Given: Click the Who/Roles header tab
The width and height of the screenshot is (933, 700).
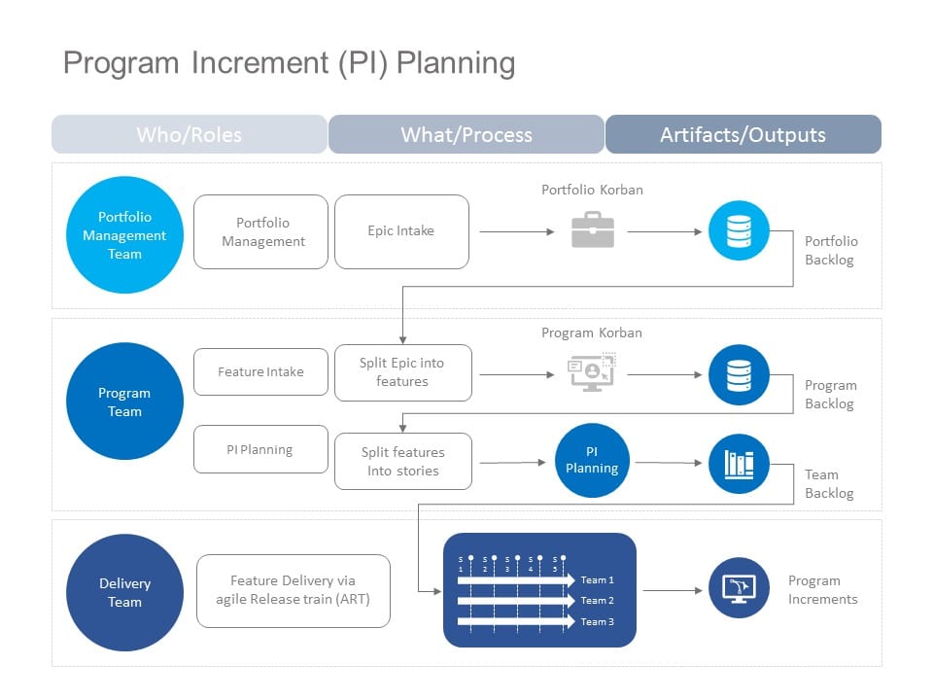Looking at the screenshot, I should click(x=190, y=135).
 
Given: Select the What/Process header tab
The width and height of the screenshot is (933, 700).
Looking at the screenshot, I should click(x=466, y=135).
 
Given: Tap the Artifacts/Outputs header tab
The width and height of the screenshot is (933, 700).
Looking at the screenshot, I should click(x=743, y=135).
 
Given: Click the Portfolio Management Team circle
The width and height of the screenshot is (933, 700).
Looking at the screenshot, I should click(x=124, y=235).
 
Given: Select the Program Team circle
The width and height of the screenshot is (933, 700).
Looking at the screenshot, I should click(x=124, y=402).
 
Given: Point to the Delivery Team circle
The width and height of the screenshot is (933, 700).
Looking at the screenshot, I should click(x=124, y=592).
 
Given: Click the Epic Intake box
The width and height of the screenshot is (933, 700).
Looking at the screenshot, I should click(x=401, y=231).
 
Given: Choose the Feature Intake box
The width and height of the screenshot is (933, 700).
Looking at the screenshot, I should click(x=260, y=371).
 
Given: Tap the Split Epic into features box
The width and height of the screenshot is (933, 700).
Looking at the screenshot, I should click(x=402, y=372).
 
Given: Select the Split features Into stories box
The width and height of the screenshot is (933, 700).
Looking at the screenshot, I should click(x=402, y=461).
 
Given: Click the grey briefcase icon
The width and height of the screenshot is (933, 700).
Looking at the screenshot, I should click(x=592, y=231).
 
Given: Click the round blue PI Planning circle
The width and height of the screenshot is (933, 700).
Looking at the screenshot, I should click(x=592, y=460).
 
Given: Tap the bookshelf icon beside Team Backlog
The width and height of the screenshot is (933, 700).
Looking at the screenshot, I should click(x=739, y=464).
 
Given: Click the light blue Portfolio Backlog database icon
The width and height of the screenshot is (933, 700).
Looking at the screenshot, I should click(x=739, y=231).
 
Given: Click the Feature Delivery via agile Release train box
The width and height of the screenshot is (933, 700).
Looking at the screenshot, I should click(x=293, y=590).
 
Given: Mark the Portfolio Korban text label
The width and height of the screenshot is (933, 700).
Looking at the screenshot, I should click(x=592, y=190).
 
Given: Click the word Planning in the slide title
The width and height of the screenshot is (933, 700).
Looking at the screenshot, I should click(x=456, y=63).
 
